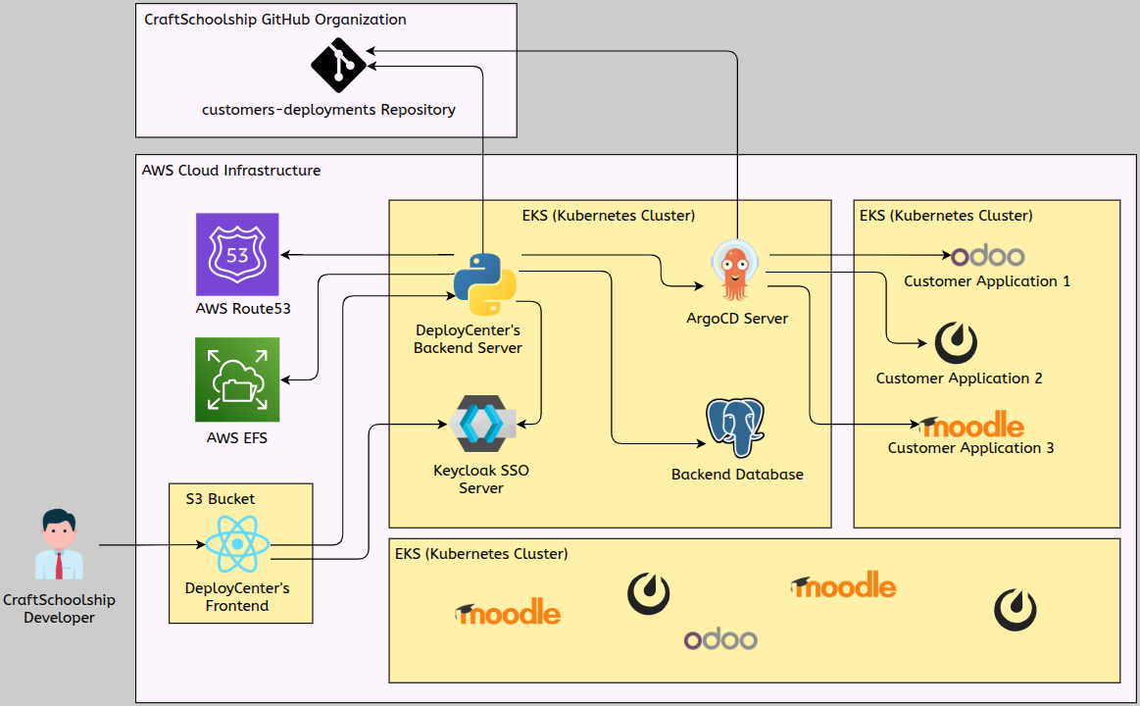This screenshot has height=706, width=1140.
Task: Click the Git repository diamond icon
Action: pos(338,66)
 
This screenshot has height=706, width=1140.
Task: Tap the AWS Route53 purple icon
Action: pos(237,254)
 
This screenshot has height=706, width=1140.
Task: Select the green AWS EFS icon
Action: pos(237,379)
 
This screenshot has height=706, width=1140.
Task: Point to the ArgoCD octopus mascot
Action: pos(736,271)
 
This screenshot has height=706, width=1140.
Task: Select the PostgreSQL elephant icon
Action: pos(735,428)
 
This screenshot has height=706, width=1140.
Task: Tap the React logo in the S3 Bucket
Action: pos(238,544)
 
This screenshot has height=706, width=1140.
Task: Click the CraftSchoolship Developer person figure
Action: pos(59,545)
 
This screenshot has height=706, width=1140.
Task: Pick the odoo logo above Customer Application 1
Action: pos(988,256)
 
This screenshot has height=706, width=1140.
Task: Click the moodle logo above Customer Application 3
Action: pos(973,427)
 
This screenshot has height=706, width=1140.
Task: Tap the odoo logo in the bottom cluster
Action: pos(720,639)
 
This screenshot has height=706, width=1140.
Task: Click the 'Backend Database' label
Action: pos(737,475)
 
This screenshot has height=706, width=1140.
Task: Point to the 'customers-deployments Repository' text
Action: pos(328,110)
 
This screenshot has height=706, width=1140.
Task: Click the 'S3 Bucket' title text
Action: pos(221,498)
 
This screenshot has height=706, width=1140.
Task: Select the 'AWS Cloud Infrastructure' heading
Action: pos(231,171)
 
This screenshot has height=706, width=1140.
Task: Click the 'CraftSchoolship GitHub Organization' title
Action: pos(275,20)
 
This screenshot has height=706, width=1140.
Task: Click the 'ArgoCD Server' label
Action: pos(737,319)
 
